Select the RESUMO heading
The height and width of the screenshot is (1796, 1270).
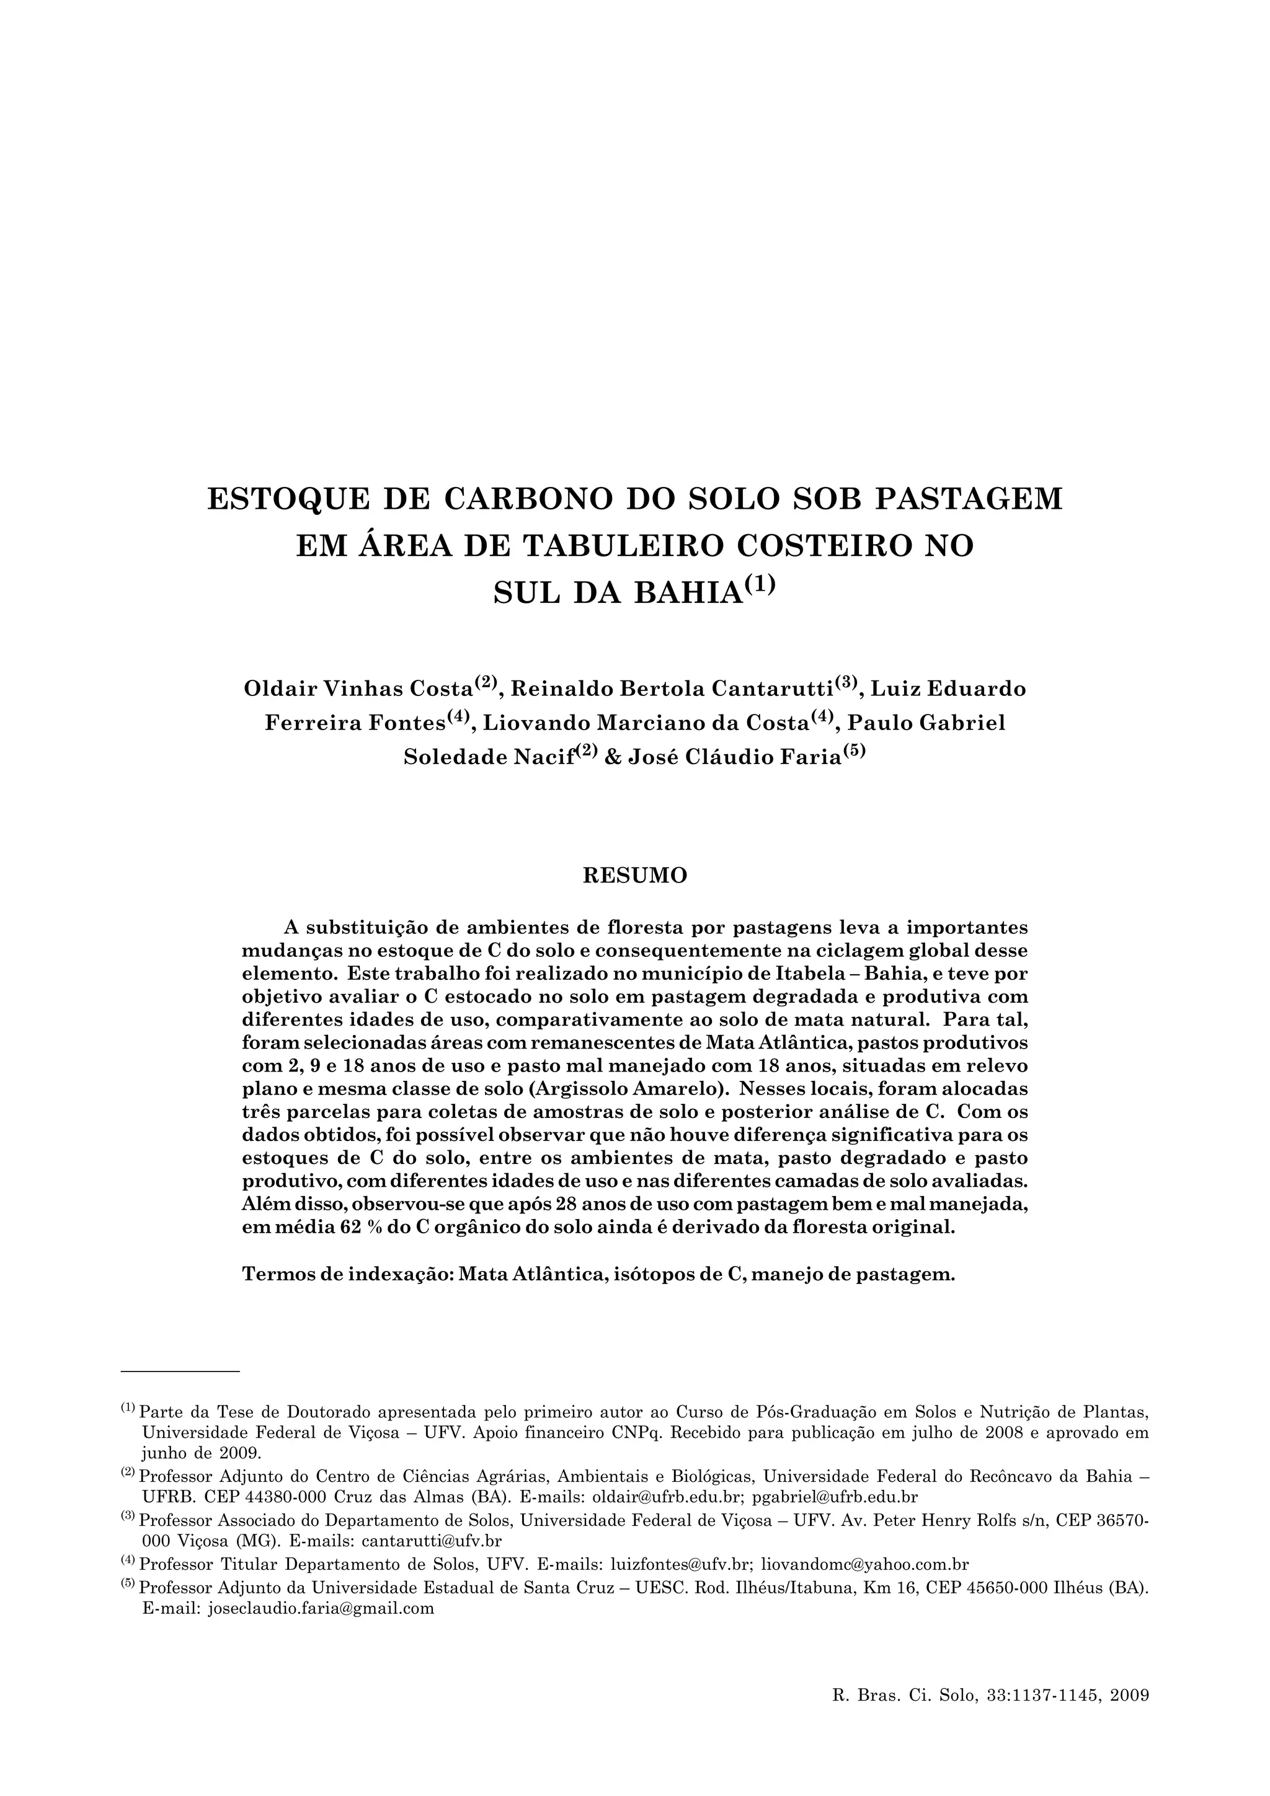(x=634, y=875)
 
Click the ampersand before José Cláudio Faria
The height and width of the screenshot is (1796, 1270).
(x=613, y=757)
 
